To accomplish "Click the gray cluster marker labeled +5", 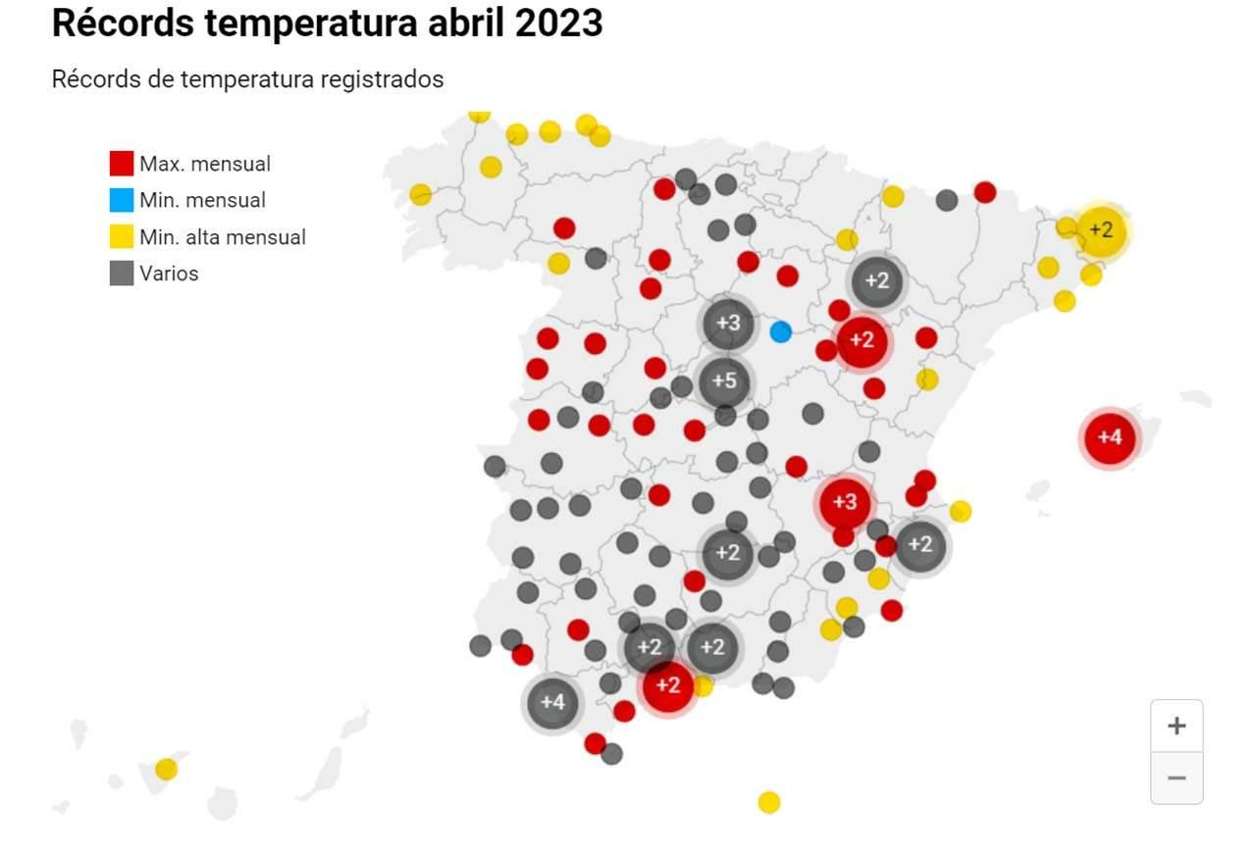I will pos(724,381).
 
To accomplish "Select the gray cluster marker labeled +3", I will pos(728,323).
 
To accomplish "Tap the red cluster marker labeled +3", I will pos(844,502).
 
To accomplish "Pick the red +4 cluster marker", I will pos(1110,437).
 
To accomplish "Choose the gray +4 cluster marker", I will pos(553,702).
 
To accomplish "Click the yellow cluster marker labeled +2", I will pos(1101,230).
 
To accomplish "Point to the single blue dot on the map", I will pos(781,331).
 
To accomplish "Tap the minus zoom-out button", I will pos(1177,779).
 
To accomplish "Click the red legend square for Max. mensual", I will pos(122,164).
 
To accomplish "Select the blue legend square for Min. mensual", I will pos(122,200).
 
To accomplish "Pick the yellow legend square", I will pos(122,237).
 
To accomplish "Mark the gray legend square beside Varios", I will pos(122,274).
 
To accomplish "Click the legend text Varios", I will pos(169,274).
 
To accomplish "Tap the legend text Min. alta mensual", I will pos(223,237).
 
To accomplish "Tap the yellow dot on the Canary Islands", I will pos(167,769).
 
